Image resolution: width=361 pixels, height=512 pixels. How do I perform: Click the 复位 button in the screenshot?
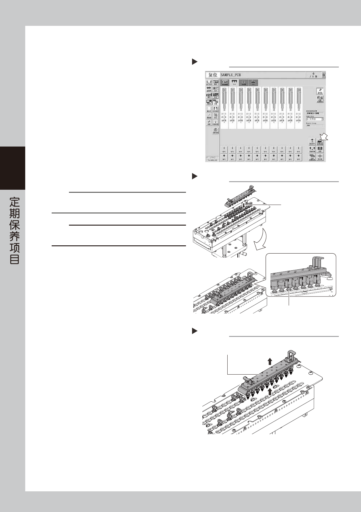[213, 75]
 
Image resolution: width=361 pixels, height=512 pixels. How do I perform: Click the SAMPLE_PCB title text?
[231, 75]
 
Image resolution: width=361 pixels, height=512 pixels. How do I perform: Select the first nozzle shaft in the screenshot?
[224, 99]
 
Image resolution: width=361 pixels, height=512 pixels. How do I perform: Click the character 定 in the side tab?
[15, 202]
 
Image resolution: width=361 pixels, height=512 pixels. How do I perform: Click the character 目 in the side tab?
[15, 259]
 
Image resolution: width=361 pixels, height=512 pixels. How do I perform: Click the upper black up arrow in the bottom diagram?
[270, 361]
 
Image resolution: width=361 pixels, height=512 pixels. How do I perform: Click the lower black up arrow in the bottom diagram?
[270, 392]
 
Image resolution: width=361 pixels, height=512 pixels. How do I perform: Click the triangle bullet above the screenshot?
[195, 62]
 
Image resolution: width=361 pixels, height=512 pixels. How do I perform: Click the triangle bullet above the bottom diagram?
[195, 331]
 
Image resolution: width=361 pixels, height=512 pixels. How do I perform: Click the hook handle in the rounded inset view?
[317, 262]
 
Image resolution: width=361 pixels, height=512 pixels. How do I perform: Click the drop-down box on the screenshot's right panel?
[315, 119]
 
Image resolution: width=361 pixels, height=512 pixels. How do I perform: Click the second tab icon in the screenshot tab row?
[234, 82]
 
